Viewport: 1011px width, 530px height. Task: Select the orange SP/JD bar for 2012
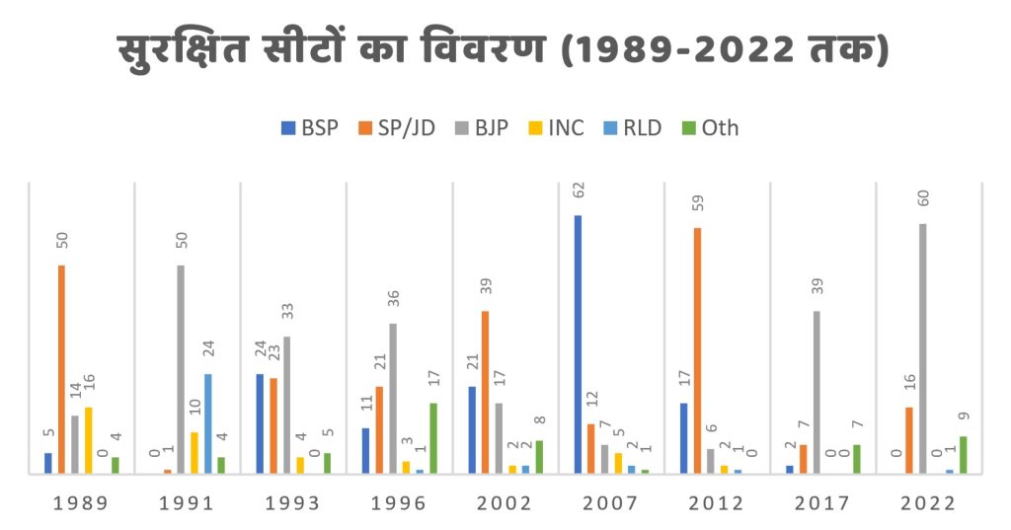coord(697,350)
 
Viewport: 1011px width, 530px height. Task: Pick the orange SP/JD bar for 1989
coord(61,369)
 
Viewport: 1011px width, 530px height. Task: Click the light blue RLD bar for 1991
coord(207,423)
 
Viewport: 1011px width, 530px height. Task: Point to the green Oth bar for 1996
coord(432,438)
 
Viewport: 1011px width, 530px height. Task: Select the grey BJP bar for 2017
coord(817,392)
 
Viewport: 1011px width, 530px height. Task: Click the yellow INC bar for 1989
coord(89,440)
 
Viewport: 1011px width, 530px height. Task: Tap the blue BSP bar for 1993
coord(260,423)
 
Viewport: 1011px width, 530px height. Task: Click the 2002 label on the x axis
coord(505,503)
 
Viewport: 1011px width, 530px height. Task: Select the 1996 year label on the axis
coord(399,503)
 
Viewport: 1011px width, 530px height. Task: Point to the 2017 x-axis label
coord(822,503)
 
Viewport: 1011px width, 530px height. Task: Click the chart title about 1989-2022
coord(505,48)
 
